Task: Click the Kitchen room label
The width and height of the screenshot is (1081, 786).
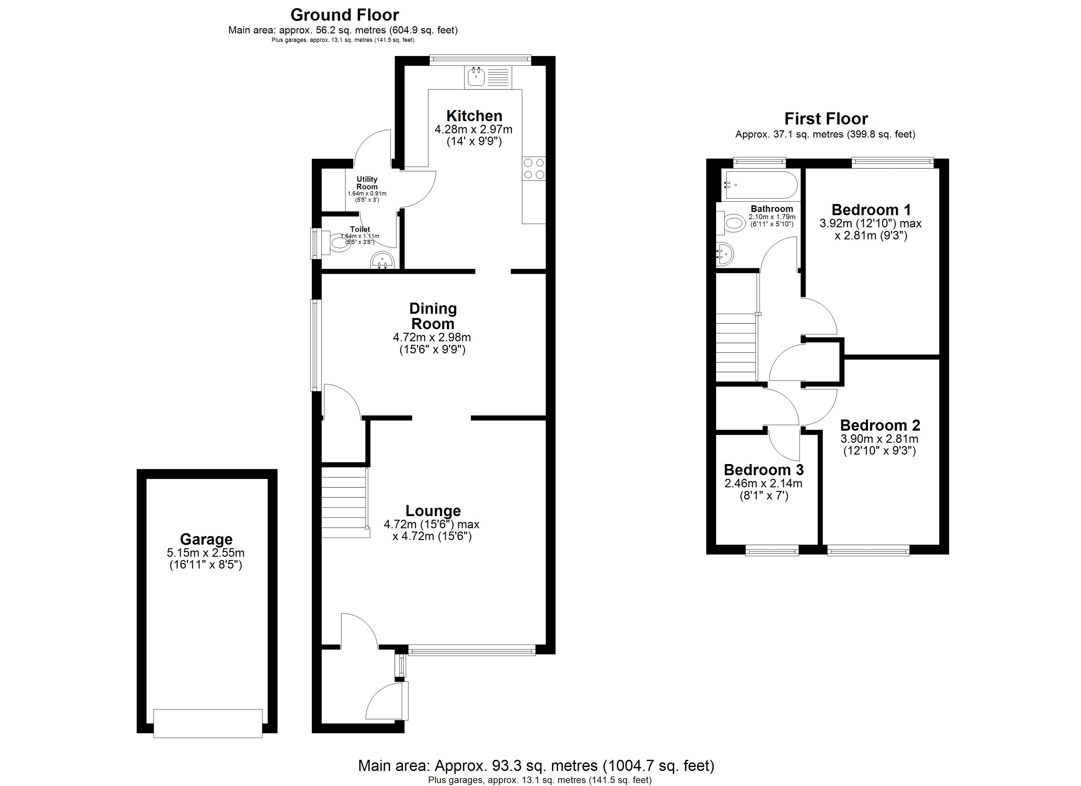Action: point(474,116)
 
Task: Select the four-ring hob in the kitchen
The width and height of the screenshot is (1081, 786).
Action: point(534,169)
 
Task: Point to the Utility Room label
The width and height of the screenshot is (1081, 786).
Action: point(367,182)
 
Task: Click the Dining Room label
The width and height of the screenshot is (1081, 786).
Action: point(433,316)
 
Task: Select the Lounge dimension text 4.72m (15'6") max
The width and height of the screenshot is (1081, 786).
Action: point(432,524)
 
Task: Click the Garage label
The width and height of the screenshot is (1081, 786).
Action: point(206,539)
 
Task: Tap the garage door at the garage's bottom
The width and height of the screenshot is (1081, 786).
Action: point(208,723)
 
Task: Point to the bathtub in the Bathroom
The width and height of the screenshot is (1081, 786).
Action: point(761,185)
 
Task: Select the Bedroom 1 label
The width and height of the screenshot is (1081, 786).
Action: point(871,210)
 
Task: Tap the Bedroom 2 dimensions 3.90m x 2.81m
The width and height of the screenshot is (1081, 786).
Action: point(880,439)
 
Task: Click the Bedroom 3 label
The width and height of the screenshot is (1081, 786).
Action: point(764,470)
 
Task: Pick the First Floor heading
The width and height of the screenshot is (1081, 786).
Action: point(826,118)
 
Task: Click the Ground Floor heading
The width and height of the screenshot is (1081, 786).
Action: point(345,15)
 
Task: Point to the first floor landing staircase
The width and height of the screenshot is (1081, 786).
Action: point(737,347)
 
